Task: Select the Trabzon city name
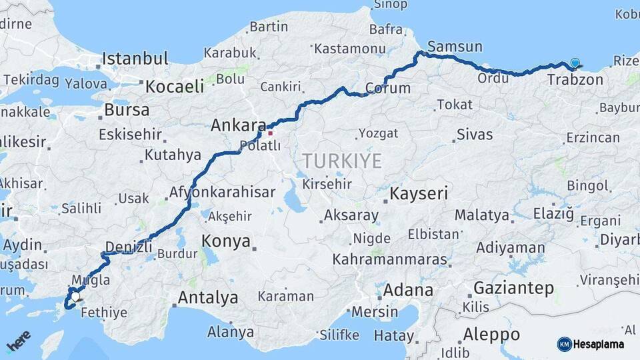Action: [x=575, y=80]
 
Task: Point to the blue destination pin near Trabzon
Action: [x=575, y=64]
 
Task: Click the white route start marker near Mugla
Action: [x=76, y=297]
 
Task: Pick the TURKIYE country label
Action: [x=342, y=161]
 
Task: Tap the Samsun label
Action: [x=455, y=47]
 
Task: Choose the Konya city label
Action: [x=225, y=241]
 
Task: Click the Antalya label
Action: [x=208, y=297]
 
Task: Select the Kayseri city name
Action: [x=418, y=194]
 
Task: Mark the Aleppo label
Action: [x=491, y=334]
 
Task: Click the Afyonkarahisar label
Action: [x=222, y=192]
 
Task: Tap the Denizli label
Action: [x=129, y=247]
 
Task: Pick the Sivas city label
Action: [x=475, y=135]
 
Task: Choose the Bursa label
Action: [x=127, y=110]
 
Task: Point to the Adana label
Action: [x=408, y=291]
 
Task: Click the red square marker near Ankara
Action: [x=270, y=133]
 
